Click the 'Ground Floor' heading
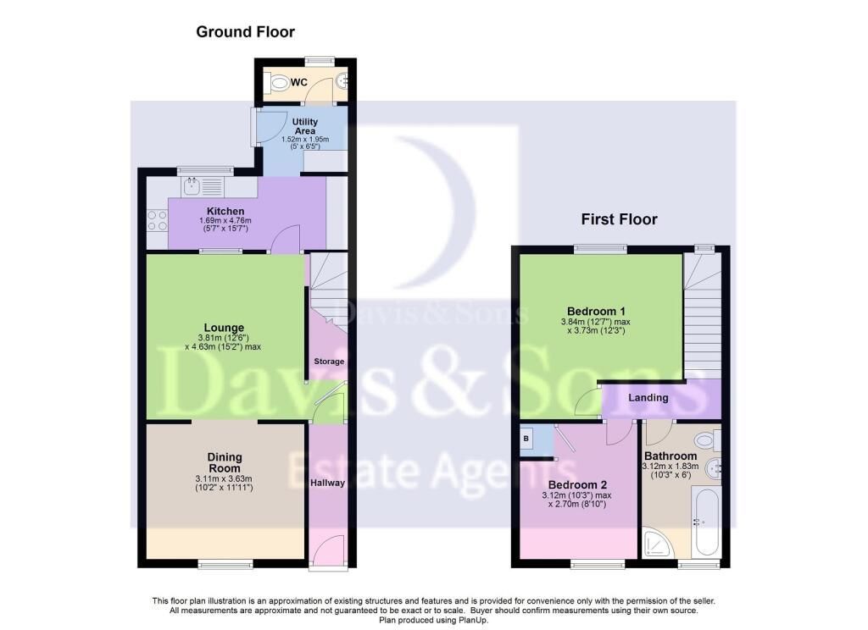pyautogui.click(x=245, y=32)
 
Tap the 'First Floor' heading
pyautogui.click(x=619, y=219)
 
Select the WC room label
pyautogui.click(x=299, y=82)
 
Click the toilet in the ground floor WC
pyautogui.click(x=277, y=82)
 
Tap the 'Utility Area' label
pyautogui.click(x=305, y=127)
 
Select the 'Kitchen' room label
pyautogui.click(x=225, y=211)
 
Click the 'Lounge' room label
pyautogui.click(x=224, y=328)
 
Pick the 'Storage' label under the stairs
pyautogui.click(x=329, y=362)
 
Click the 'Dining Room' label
pyautogui.click(x=224, y=462)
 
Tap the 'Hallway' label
pyautogui.click(x=327, y=483)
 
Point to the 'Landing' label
pyautogui.click(x=648, y=397)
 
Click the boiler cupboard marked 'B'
pyautogui.click(x=526, y=439)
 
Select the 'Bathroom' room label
pyautogui.click(x=670, y=456)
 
